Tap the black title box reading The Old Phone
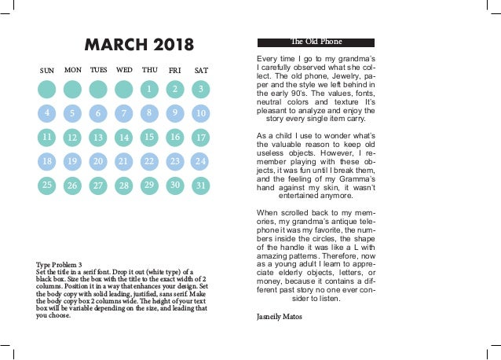coord(316,42)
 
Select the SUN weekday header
coord(47,71)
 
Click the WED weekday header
coord(124,70)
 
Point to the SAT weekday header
coord(201,71)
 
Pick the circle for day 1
coord(149,89)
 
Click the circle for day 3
coord(201,89)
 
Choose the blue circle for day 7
coord(123,113)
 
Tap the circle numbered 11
coord(47,137)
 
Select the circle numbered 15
coord(148,137)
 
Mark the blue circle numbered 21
coord(123,161)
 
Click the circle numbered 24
coord(200,161)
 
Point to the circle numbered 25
coord(47,186)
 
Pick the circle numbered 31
coord(201,186)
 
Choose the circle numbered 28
coord(123,186)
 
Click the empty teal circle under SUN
coord(47,89)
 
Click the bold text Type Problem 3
coord(59,263)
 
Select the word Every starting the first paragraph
coord(269,60)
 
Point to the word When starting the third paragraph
coord(269,212)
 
